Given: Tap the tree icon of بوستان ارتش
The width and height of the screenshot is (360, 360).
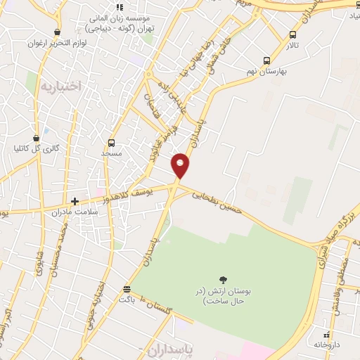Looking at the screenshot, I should point(224,280).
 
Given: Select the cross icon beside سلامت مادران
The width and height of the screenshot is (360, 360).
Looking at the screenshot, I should point(75,201).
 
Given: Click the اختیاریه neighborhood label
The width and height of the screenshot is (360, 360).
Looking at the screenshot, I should point(60,86).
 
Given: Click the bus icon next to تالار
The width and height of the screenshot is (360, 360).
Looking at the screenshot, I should point(293,34).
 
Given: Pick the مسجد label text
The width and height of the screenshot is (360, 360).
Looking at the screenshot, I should point(111,153).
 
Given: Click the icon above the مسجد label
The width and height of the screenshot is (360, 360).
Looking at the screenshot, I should point(110,143).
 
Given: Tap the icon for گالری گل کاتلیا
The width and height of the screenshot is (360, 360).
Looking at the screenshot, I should point(37,138).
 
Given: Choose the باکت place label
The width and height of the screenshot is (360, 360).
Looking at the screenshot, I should point(127,299).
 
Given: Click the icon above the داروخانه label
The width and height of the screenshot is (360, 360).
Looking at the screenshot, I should point(326,335).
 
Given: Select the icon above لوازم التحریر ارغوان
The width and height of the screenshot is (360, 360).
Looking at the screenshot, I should point(57,32).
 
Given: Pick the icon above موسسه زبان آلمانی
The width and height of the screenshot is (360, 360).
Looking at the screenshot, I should point(120,7).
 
